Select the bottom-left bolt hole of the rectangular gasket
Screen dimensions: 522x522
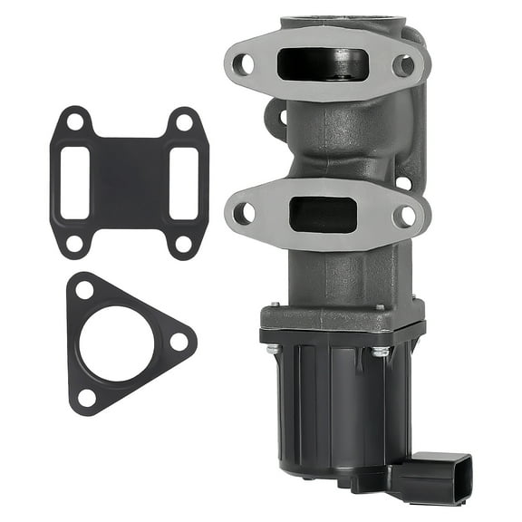pos(75,243)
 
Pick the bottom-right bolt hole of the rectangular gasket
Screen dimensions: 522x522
pos(183,243)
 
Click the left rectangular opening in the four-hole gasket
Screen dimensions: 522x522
pos(75,183)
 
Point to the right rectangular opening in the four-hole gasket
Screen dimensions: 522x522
pos(184,183)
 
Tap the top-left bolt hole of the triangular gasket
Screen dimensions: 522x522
pos(84,290)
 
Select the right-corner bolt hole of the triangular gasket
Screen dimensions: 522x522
pos(179,342)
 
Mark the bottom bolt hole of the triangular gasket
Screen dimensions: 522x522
pos(87,396)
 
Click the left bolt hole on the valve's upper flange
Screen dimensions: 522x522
pos(243,64)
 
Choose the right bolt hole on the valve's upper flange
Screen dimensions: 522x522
pos(404,65)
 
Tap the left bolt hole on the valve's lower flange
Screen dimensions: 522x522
pos(243,214)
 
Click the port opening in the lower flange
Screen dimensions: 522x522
pos(323,215)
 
